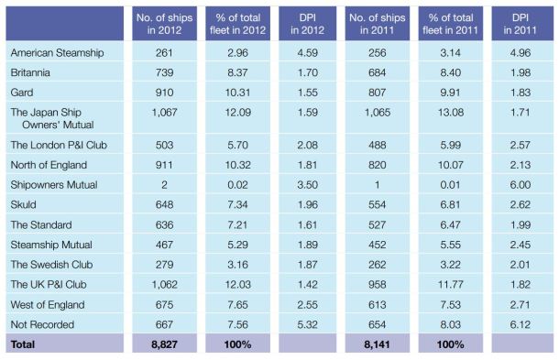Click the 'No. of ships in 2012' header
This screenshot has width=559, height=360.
pos(166,21)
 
